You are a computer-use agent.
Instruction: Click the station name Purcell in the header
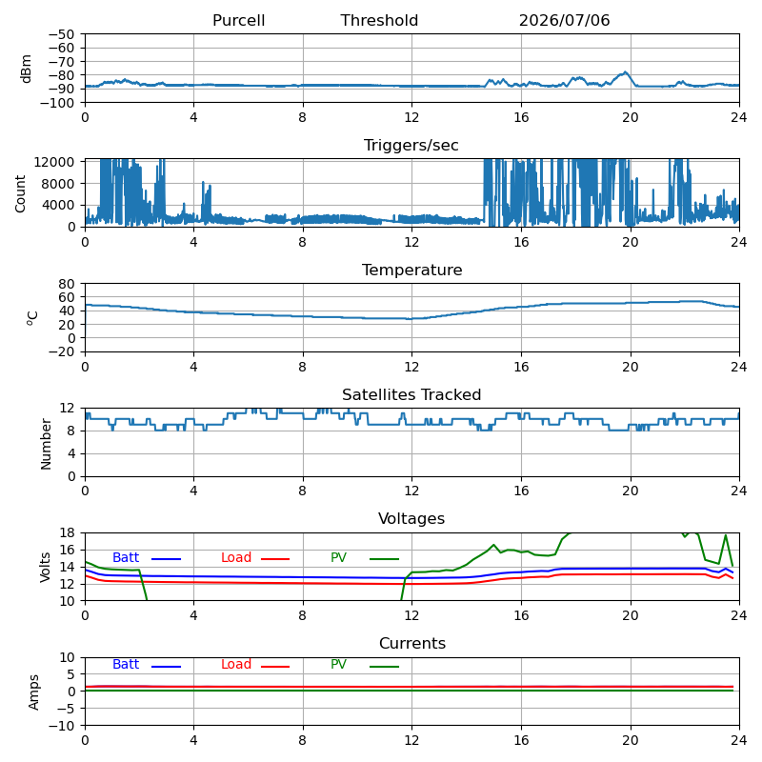[x=239, y=20]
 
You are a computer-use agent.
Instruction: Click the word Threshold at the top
[x=379, y=20]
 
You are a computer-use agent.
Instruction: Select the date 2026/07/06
[x=564, y=20]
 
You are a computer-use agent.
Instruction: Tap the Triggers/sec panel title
[x=411, y=146]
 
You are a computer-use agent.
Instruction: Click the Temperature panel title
[x=412, y=270]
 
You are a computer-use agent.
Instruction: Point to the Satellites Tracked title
[x=411, y=394]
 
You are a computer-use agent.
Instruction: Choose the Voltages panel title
[x=411, y=518]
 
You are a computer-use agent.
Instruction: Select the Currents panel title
[x=412, y=644]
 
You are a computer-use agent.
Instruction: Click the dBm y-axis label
[x=26, y=69]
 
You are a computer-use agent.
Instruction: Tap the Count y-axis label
[x=20, y=194]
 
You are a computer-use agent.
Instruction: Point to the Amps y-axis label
[x=33, y=692]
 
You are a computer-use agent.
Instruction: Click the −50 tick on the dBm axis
[x=61, y=34]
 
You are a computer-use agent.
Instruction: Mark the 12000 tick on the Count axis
[x=54, y=162]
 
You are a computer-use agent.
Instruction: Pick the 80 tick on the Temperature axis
[x=67, y=283]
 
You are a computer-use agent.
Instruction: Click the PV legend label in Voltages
[x=338, y=557]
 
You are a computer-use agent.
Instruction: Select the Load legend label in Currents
[x=236, y=664]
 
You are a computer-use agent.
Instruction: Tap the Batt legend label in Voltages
[x=126, y=557]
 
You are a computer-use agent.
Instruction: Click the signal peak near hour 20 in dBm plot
[x=626, y=72]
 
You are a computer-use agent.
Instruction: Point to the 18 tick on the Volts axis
[x=67, y=532]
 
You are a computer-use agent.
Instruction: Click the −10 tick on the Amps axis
[x=61, y=726]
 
